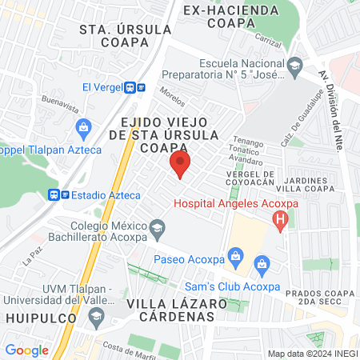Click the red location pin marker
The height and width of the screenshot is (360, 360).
click(181, 166)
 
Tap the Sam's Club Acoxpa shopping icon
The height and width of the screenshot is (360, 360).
click(261, 265)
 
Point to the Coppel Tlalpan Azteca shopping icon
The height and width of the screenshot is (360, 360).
click(83, 127)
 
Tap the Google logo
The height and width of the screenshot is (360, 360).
click(26, 350)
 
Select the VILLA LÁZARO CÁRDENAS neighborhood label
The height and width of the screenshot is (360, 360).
click(170, 310)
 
